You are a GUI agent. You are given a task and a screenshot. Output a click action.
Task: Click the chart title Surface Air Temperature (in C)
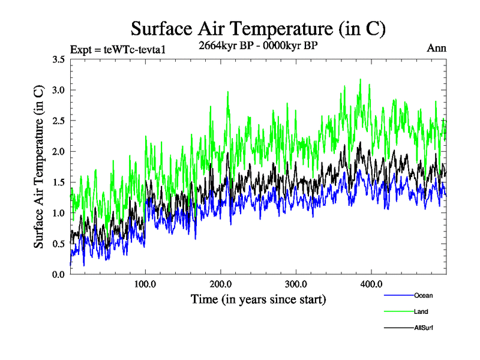(x=258, y=28)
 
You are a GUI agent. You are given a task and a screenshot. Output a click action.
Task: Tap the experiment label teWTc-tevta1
(x=117, y=49)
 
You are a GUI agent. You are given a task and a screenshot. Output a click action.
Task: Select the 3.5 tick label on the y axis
(x=59, y=59)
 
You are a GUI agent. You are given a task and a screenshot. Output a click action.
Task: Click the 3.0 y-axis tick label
(x=59, y=90)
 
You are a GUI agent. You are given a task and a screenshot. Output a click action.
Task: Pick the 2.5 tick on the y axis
(x=59, y=121)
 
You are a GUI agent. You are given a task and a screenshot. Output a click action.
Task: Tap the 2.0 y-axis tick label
(x=59, y=151)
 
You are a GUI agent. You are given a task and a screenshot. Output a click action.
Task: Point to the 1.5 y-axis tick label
(x=59, y=182)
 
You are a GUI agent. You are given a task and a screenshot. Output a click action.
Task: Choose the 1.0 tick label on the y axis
(x=59, y=213)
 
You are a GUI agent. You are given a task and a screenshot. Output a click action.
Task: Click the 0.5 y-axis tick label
(x=59, y=244)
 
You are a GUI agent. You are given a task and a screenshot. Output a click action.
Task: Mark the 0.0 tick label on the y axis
(x=59, y=274)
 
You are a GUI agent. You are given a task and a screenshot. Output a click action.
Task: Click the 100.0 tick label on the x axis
(x=146, y=284)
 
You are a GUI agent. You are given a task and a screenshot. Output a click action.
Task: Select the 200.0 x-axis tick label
(x=221, y=284)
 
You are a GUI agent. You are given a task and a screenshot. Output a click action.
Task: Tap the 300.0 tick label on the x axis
(x=296, y=284)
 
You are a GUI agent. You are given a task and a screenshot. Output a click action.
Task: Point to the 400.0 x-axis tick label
(x=371, y=284)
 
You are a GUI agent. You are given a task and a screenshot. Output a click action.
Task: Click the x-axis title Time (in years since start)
(x=258, y=299)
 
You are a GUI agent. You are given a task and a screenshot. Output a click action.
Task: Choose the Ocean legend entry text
(x=423, y=295)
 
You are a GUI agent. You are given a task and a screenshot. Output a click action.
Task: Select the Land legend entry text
(x=421, y=311)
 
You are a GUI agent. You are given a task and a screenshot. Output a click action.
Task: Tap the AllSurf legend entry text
(x=423, y=328)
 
